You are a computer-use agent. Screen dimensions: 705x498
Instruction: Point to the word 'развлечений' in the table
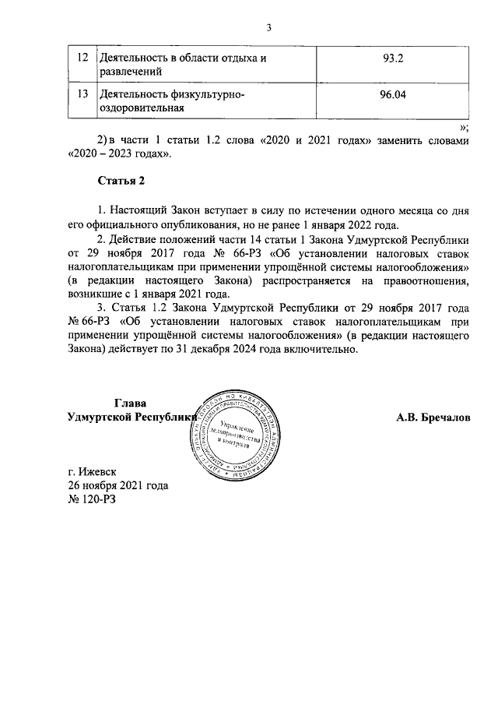(130, 72)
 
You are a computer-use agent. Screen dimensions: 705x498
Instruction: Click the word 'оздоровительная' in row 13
(141, 109)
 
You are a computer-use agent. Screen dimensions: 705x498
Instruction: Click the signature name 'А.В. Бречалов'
(433, 418)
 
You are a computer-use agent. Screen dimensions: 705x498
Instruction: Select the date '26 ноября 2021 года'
(118, 485)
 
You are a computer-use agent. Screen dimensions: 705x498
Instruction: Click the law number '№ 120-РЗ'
(92, 499)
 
